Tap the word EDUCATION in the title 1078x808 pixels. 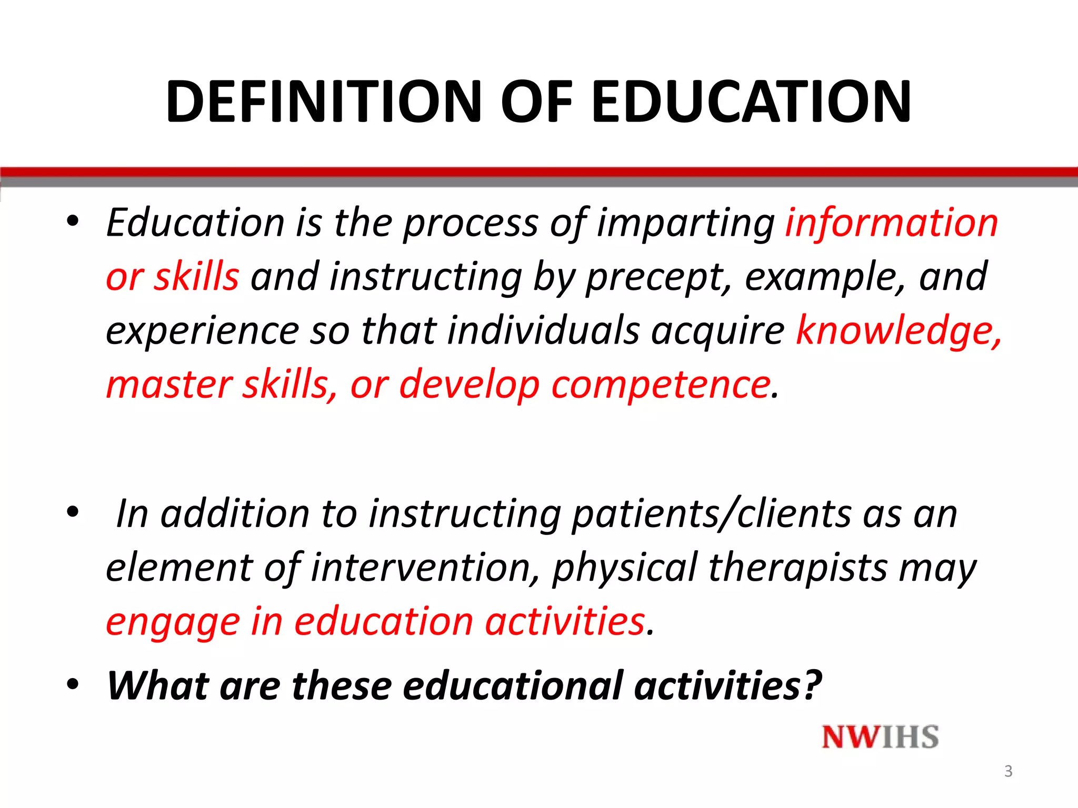pyautogui.click(x=751, y=101)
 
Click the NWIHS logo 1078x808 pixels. pyautogui.click(x=880, y=737)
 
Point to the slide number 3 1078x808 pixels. pyautogui.click(x=1008, y=771)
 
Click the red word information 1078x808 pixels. pyautogui.click(x=892, y=223)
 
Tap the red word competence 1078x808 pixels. pyautogui.click(x=661, y=385)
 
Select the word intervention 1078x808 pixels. pyautogui.click(x=425, y=568)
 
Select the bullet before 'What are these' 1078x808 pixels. pyautogui.click(x=73, y=684)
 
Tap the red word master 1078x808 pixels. pyautogui.click(x=168, y=385)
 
